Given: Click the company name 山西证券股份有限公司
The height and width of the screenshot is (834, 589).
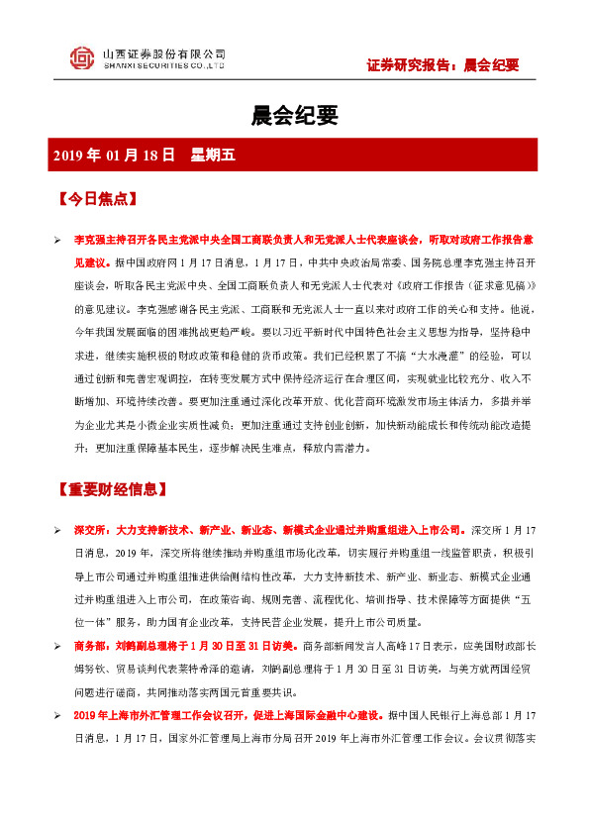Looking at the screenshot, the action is (164, 53).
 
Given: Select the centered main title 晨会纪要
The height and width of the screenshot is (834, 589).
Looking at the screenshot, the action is (294, 117).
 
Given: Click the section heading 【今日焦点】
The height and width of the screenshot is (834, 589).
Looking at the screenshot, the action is (96, 198).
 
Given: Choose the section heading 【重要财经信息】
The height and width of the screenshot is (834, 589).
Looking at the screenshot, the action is (110, 489).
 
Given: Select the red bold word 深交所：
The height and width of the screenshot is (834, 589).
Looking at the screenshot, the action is (94, 532).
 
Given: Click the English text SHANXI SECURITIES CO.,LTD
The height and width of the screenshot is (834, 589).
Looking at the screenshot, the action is (164, 67).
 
